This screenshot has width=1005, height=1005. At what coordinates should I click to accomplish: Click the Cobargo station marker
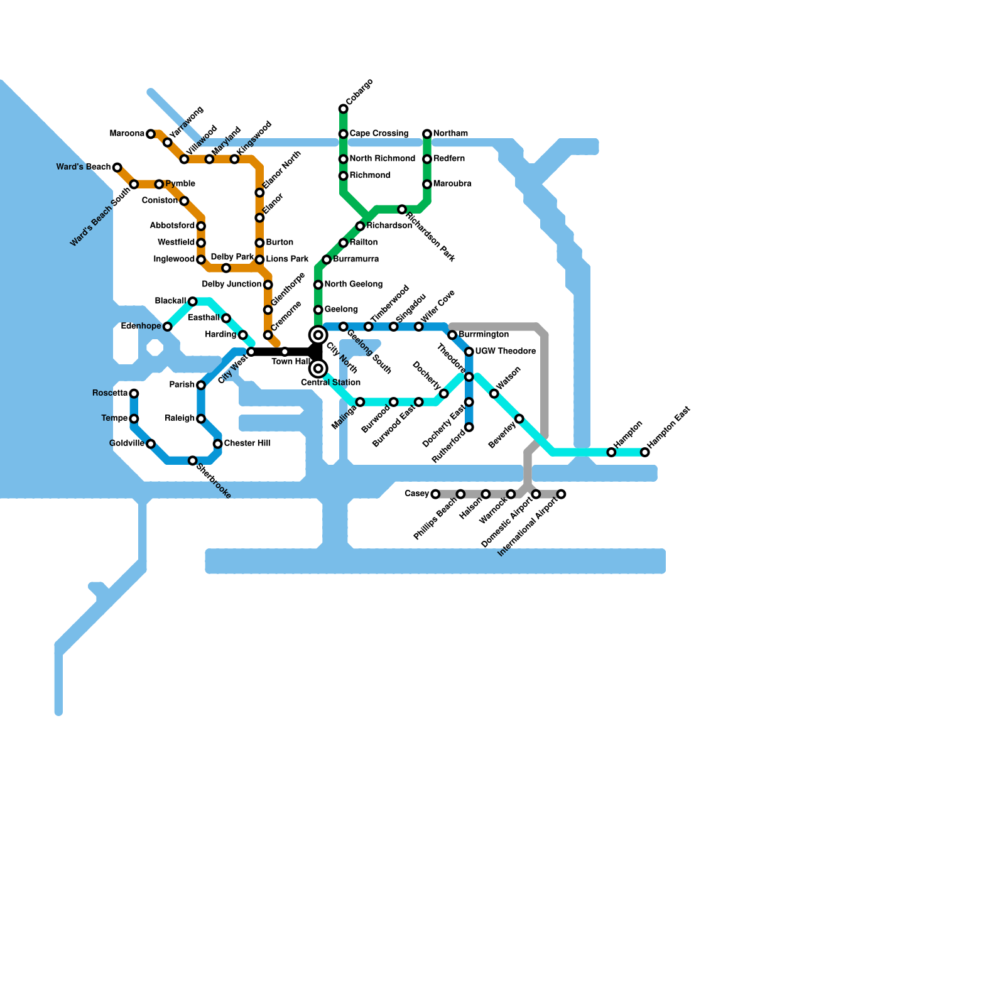click(x=343, y=109)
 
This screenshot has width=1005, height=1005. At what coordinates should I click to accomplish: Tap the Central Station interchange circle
click(x=318, y=369)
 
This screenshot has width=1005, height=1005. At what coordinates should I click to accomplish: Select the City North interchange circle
click(x=318, y=335)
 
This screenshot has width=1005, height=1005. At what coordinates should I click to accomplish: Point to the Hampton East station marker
click(x=644, y=452)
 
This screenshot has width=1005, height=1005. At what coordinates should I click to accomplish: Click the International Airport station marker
click(x=561, y=494)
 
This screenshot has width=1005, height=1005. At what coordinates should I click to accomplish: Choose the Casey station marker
click(x=435, y=494)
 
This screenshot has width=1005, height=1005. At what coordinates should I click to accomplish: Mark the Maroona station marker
click(x=151, y=134)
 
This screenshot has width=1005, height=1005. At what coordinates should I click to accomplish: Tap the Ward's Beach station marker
click(x=117, y=167)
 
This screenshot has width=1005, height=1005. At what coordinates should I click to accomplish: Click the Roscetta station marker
click(x=134, y=394)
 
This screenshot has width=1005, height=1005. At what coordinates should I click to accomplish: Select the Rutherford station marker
click(x=469, y=427)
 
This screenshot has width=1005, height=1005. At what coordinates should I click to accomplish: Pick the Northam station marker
click(x=427, y=134)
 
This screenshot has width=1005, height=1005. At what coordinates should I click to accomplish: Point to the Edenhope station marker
click(x=168, y=327)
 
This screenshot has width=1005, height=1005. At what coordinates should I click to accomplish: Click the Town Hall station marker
click(x=285, y=352)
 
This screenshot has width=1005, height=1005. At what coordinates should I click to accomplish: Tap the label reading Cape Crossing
click(x=379, y=134)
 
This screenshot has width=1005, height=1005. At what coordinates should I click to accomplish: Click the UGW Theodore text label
click(x=505, y=351)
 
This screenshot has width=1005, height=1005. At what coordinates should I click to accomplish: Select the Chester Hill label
click(x=247, y=443)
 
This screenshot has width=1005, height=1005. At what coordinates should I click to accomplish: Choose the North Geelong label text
click(x=353, y=285)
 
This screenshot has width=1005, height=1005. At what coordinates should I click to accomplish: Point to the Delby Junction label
click(x=231, y=285)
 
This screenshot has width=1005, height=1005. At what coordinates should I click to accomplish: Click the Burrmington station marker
click(x=452, y=335)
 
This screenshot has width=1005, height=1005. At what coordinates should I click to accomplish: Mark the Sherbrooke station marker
click(x=193, y=461)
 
